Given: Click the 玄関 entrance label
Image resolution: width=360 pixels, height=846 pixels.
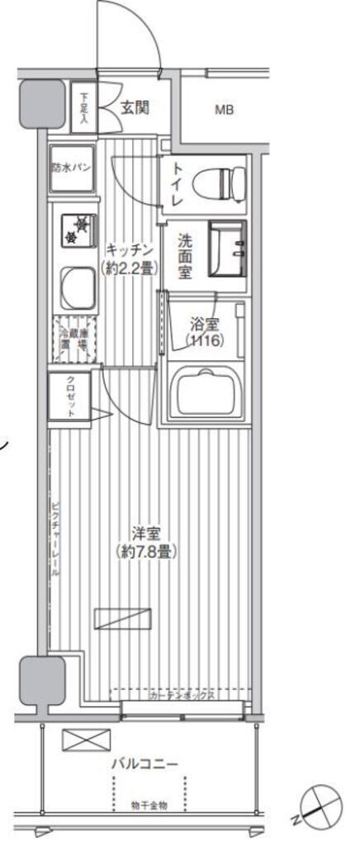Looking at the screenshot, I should pos(134,107).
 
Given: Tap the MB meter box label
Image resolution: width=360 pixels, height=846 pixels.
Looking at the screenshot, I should pos(224,109).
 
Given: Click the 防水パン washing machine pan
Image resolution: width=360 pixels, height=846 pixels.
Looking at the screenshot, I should pos(71,166).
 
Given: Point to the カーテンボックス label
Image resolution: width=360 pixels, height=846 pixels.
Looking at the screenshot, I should pos(182,696).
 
